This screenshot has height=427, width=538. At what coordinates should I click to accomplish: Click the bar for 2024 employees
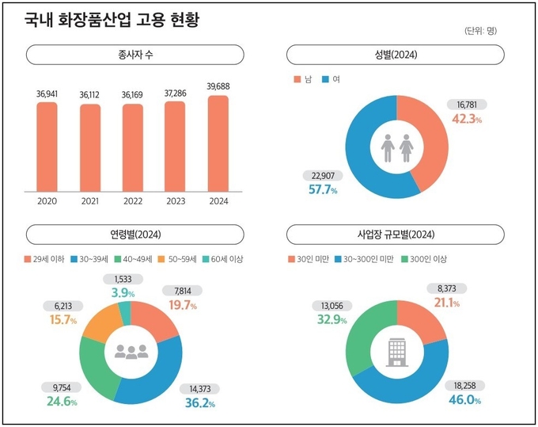(x=218, y=143)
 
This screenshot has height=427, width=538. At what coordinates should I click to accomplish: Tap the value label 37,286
(x=175, y=93)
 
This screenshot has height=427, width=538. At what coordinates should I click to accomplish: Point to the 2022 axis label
(x=132, y=201)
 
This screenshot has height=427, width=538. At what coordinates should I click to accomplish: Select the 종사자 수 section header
(x=133, y=55)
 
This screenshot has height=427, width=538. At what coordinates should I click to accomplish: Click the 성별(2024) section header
(x=396, y=55)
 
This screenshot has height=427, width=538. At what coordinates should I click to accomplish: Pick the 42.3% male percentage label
(x=466, y=120)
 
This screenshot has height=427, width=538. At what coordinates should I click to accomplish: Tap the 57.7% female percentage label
(x=322, y=190)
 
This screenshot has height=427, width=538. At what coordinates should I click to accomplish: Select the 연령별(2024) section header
(x=133, y=234)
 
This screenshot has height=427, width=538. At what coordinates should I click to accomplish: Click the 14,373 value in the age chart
(x=206, y=388)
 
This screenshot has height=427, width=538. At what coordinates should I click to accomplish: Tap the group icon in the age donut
(x=131, y=351)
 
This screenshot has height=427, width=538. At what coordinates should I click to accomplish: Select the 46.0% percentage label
(x=465, y=400)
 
